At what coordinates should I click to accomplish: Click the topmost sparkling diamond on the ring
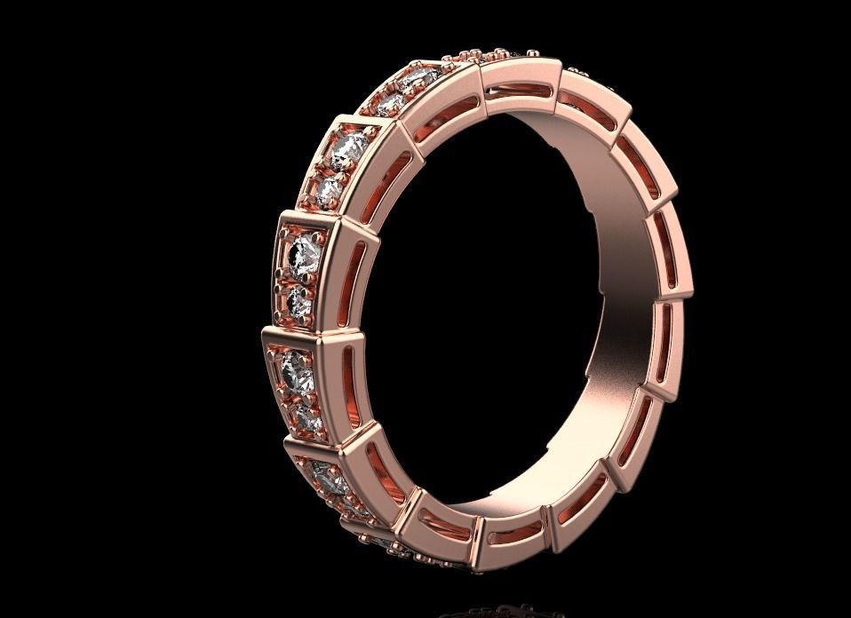tap(411, 81)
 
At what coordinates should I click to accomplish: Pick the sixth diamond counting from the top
tap(300, 302)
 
